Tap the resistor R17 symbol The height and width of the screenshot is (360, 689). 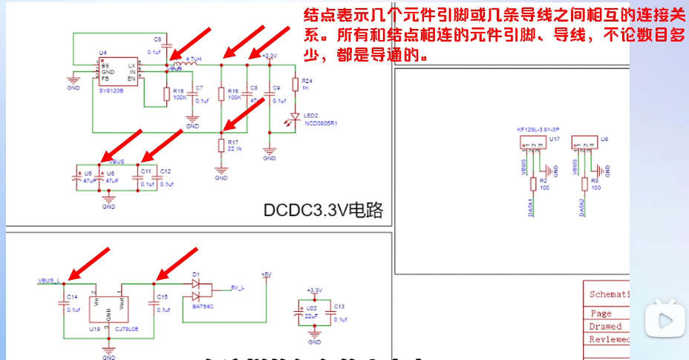click(x=221, y=145)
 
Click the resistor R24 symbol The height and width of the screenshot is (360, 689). click(x=295, y=84)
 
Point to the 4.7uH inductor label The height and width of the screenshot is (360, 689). click(x=193, y=59)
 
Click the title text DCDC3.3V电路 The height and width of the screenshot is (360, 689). click(x=323, y=210)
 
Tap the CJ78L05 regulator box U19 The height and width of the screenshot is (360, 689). click(x=109, y=306)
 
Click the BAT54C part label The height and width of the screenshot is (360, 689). click(x=202, y=304)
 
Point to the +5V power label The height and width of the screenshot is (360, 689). click(x=267, y=274)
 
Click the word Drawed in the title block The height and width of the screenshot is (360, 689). click(x=605, y=327)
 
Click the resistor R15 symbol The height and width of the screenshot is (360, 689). click(x=166, y=94)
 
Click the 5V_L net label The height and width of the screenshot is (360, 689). click(x=238, y=287)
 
